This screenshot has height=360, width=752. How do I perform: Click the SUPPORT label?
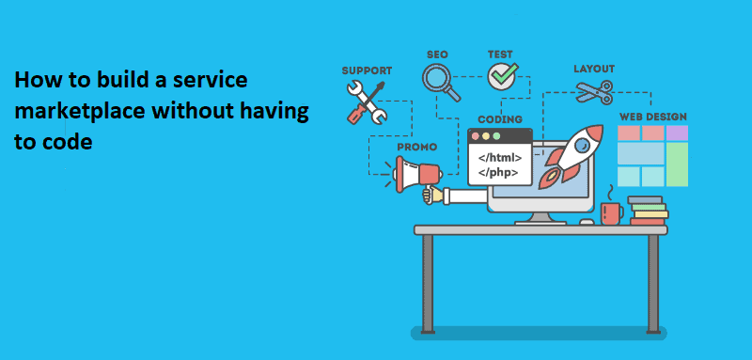(367, 70)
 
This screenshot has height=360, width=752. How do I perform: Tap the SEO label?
(437, 55)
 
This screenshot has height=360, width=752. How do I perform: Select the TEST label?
(500, 55)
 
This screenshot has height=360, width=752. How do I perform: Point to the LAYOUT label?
(594, 69)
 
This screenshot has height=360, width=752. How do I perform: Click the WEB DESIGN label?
(652, 117)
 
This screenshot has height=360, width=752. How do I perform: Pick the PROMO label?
(416, 148)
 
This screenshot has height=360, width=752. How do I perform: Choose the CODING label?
(500, 120)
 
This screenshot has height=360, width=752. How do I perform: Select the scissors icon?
(594, 92)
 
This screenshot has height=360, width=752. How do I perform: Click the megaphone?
(415, 174)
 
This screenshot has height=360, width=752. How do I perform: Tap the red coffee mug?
(612, 212)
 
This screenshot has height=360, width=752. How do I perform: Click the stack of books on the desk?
(647, 211)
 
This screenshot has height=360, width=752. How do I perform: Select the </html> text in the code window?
(501, 156)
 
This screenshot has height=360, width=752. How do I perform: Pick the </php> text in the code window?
(498, 172)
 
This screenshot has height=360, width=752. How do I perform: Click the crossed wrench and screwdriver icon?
(367, 101)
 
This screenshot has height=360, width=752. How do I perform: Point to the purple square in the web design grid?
(676, 132)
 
